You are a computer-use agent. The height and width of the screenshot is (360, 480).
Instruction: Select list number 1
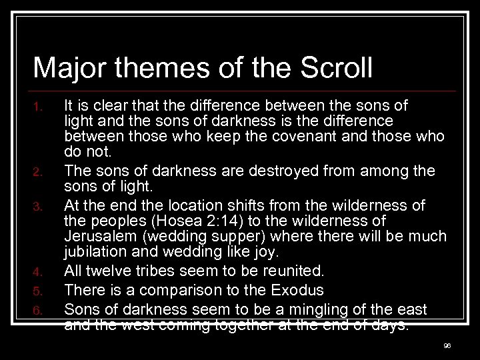pyautogui.click(x=39, y=107)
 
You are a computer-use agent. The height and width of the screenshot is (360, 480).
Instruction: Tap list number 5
pyautogui.click(x=39, y=290)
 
